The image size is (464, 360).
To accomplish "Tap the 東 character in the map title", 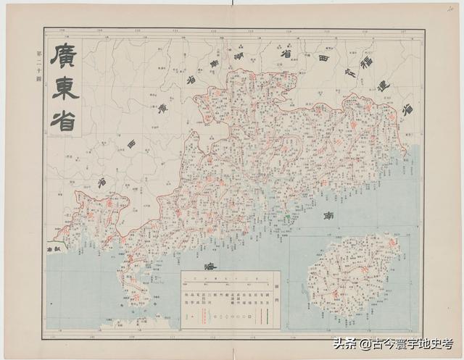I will pos(65,89).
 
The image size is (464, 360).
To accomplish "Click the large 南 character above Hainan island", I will pos(327,217).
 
